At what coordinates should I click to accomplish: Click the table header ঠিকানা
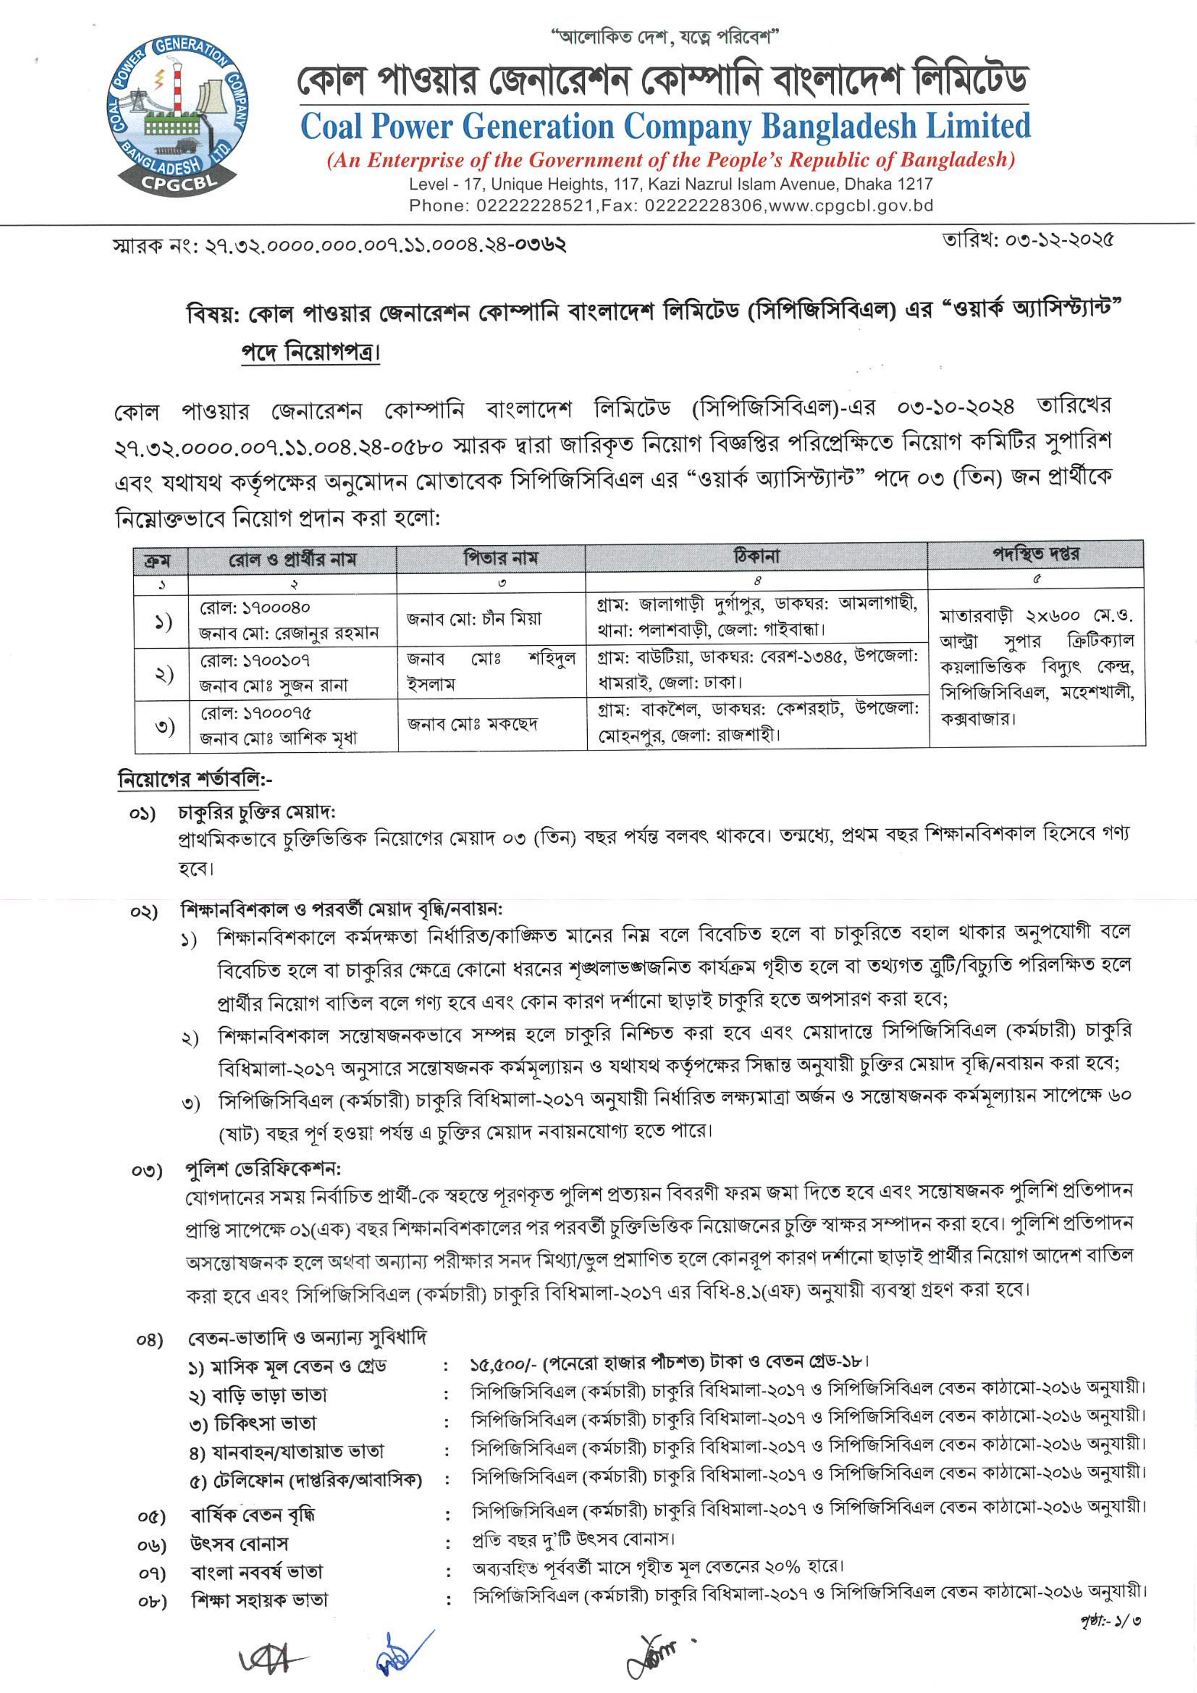click(x=756, y=556)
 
